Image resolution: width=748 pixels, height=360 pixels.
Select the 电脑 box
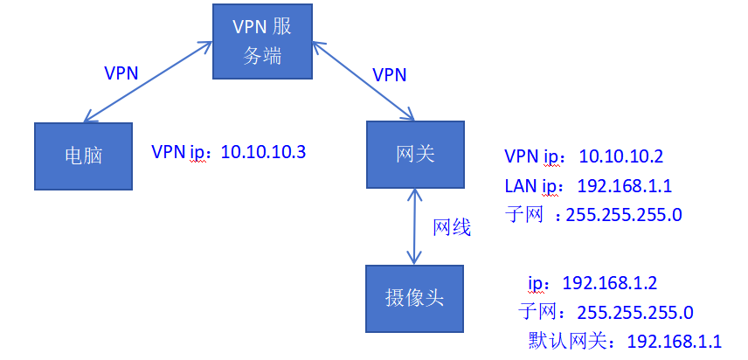click(83, 156)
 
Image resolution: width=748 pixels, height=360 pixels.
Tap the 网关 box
click(414, 154)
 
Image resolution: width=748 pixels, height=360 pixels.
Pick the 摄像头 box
click(414, 297)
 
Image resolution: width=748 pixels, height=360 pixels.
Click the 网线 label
click(452, 228)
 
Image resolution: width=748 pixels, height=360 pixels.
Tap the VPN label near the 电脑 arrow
click(121, 72)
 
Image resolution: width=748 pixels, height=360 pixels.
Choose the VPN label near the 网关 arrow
click(389, 74)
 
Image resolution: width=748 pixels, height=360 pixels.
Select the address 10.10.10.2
click(621, 157)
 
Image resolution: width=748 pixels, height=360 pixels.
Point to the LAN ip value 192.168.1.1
click(624, 185)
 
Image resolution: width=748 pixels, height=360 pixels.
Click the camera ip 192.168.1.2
click(609, 283)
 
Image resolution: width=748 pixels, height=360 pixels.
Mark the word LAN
click(522, 185)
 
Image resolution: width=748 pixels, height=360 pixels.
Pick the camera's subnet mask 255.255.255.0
click(635, 312)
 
